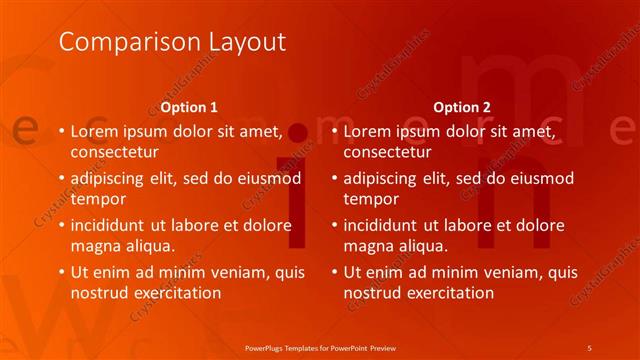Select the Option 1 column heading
coord(189,107)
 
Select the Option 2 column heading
coord(462,107)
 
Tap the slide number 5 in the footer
coord(590,346)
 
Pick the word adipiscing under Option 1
coord(113,178)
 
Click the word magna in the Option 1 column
coord(94,246)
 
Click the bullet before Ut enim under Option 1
coord(61,271)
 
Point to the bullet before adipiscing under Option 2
coord(334,178)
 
